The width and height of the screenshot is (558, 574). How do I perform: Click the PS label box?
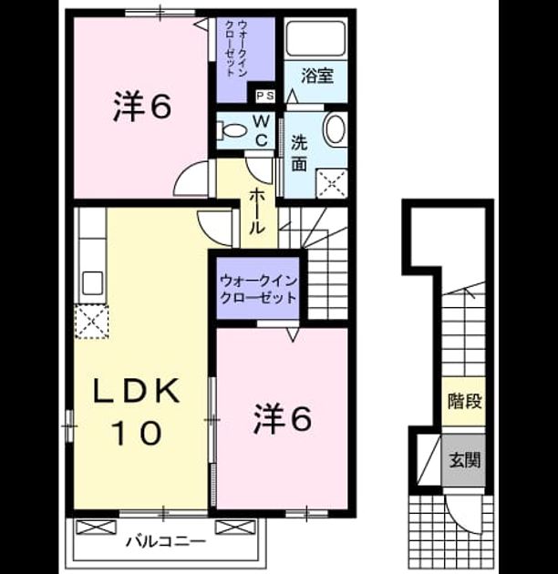pos(265,96)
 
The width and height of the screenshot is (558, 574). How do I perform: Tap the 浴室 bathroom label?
pos(317,76)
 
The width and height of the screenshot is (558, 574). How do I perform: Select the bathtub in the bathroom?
pos(315,39)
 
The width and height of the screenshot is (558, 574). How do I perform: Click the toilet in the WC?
pos(231,130)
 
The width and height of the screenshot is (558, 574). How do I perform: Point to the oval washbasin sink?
pos(336,128)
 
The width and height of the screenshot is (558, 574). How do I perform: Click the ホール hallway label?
pos(257,212)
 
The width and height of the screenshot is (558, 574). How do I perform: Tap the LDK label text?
pos(138,392)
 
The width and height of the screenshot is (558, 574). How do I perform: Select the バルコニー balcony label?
pos(166,541)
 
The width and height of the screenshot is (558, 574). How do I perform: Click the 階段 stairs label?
pos(464,401)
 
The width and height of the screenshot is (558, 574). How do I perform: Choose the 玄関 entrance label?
pos(464,459)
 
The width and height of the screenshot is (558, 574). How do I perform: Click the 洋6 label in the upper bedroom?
pos(142,106)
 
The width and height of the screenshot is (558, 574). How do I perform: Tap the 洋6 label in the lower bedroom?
pos(283,417)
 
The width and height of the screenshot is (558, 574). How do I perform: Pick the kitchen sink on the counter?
pos(92,283)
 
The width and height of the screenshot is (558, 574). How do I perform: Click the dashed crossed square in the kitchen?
pos(91,322)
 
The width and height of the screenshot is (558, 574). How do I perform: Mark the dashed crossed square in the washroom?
pos(332,183)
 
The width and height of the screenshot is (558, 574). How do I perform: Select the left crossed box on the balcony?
pos(96,528)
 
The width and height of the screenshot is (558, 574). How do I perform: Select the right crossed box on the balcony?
pos(234,528)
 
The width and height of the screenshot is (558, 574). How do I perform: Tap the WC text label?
pos(261,130)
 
